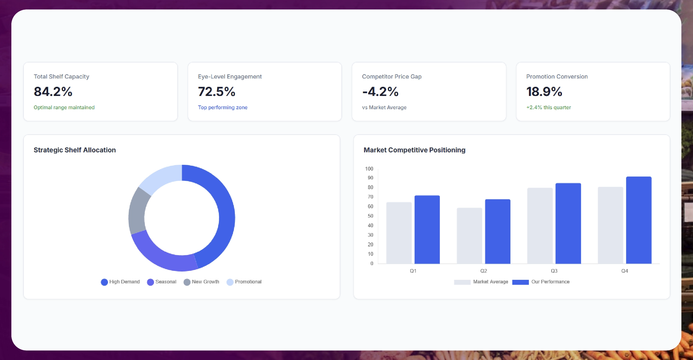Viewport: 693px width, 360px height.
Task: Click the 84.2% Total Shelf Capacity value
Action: pyautogui.click(x=53, y=92)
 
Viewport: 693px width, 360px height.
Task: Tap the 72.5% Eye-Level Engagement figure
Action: pyautogui.click(x=217, y=92)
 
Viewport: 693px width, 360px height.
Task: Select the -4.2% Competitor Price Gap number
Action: pyautogui.click(x=380, y=92)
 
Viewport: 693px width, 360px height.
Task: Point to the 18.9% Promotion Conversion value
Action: pyautogui.click(x=544, y=92)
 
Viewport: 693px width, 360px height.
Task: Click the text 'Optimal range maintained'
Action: pyautogui.click(x=64, y=107)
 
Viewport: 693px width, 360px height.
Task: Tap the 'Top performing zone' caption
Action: pyautogui.click(x=223, y=107)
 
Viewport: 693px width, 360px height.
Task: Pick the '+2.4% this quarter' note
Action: pyautogui.click(x=549, y=107)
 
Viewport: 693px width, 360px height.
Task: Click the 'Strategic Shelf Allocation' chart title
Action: pyautogui.click(x=75, y=150)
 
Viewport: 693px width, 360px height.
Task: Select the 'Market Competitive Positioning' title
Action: pyautogui.click(x=414, y=150)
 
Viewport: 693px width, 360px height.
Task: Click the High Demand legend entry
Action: pyautogui.click(x=120, y=282)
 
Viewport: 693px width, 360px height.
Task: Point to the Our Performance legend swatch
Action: pyautogui.click(x=520, y=282)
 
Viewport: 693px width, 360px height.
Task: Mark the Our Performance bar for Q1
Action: pyautogui.click(x=427, y=229)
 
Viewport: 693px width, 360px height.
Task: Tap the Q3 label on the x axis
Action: pyautogui.click(x=554, y=271)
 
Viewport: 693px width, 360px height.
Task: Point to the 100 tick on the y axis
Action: pyautogui.click(x=369, y=169)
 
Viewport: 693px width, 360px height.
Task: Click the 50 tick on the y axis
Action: pyautogui.click(x=370, y=216)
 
